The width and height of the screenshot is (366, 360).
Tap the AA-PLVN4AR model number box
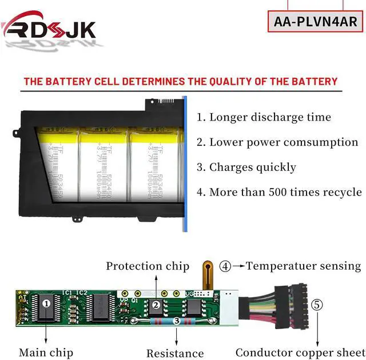click(x=315, y=22)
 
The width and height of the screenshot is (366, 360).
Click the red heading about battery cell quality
click(x=181, y=81)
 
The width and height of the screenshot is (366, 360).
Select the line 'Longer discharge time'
click(x=264, y=117)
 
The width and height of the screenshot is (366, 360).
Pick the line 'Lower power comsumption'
click(x=277, y=142)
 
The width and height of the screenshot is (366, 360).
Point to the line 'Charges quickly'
click(x=246, y=167)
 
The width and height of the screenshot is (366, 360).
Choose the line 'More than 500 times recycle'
click(x=279, y=192)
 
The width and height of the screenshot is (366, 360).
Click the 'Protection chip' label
click(x=148, y=266)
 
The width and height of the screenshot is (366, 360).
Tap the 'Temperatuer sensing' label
click(x=304, y=266)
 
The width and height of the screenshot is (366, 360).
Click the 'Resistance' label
click(x=175, y=353)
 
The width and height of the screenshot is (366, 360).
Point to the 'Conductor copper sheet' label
click(x=297, y=352)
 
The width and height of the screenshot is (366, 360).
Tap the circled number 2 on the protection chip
click(x=156, y=305)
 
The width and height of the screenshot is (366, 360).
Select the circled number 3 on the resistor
click(x=176, y=322)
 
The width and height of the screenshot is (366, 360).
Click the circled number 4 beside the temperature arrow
click(x=226, y=266)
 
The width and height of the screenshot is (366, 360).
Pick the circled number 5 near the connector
click(x=316, y=305)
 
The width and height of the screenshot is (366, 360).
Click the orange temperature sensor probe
click(x=208, y=273)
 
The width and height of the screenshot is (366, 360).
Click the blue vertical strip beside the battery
click(x=185, y=163)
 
